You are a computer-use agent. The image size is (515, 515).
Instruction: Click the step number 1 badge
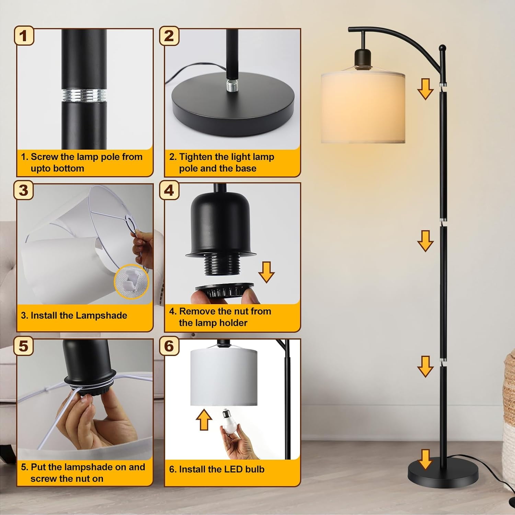[24, 36]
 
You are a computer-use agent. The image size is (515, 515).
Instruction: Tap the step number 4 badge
[169, 190]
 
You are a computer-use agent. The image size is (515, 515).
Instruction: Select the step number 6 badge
[169, 346]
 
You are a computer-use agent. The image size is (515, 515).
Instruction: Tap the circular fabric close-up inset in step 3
[132, 282]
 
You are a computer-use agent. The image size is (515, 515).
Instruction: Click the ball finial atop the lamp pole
[443, 47]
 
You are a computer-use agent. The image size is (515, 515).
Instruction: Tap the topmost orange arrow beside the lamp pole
[425, 89]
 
